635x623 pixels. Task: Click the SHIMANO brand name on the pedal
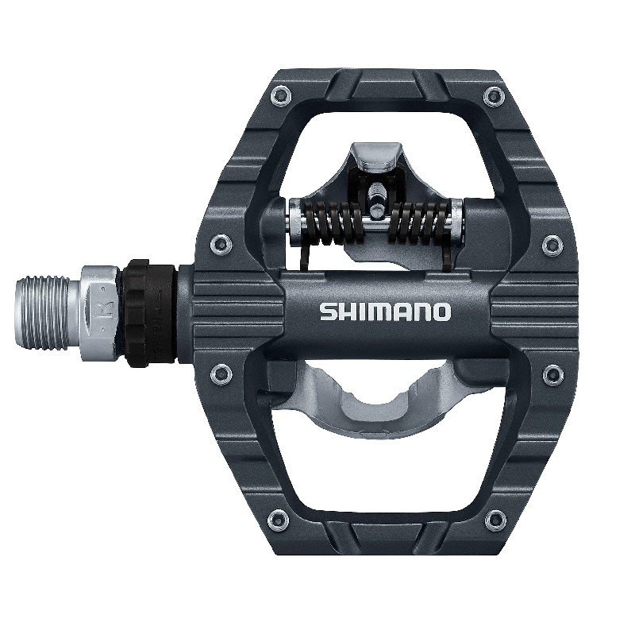[x=385, y=311]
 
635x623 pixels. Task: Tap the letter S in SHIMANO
[x=327, y=311]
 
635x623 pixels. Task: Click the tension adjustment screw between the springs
[x=374, y=195]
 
